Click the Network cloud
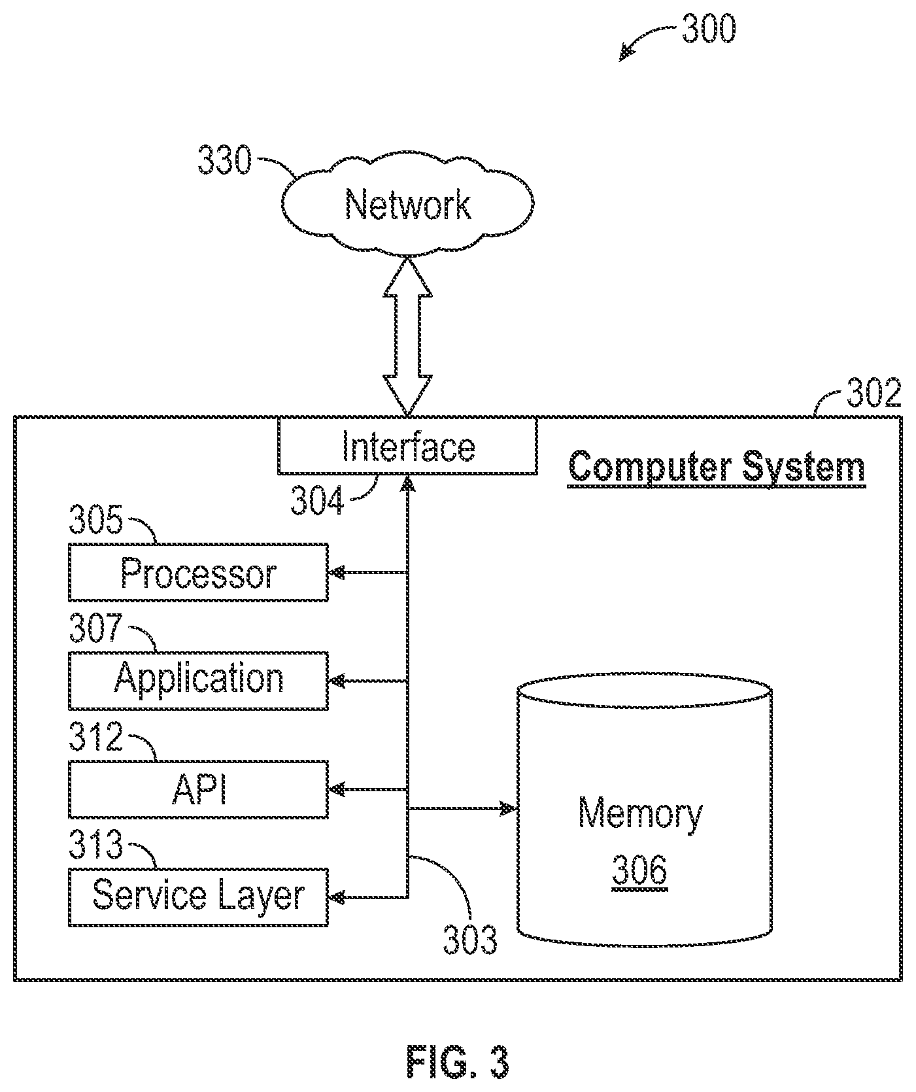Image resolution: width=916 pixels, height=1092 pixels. [408, 203]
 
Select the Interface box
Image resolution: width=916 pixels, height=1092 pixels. [408, 445]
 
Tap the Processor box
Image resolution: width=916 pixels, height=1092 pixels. [198, 572]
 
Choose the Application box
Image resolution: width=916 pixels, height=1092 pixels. [198, 681]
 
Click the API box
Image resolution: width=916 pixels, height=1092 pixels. [198, 789]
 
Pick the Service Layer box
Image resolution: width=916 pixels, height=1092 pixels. [198, 897]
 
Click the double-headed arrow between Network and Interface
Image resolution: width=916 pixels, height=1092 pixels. [407, 336]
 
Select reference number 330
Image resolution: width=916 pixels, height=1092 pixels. [224, 161]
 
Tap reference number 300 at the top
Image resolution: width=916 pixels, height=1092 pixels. [709, 29]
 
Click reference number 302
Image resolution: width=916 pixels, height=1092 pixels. [874, 394]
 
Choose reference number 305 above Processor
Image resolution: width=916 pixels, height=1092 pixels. [96, 520]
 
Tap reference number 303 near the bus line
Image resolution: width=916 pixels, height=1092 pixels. [469, 940]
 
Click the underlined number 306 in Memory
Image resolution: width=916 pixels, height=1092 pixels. [640, 870]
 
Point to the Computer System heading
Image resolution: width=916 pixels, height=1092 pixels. [717, 467]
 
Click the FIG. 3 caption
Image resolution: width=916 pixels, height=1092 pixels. [457, 1061]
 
